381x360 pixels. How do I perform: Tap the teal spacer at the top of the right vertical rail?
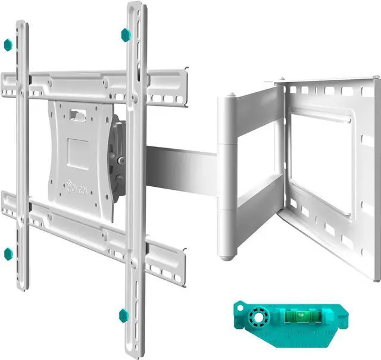[x=126, y=35]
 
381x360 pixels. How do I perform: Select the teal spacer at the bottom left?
[x=8, y=254]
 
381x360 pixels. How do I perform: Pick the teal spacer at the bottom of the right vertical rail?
[x=123, y=315]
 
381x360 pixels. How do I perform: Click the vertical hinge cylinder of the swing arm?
[x=227, y=173]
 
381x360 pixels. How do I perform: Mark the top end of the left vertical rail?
[x=21, y=25]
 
